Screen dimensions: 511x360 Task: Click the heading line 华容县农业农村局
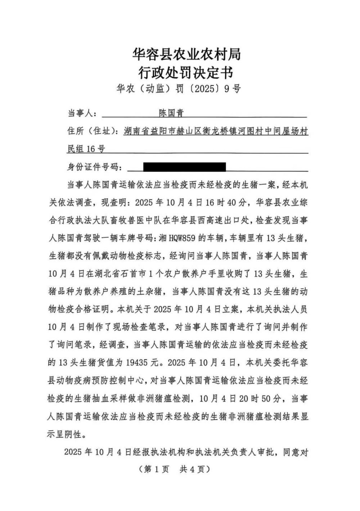(x=186, y=54)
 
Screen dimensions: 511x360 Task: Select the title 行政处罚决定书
(x=186, y=73)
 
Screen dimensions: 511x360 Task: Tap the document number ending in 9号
(x=179, y=89)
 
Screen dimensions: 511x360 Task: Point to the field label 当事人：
(x=82, y=113)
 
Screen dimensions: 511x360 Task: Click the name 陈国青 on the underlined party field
(x=171, y=113)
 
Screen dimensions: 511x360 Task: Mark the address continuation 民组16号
(x=86, y=149)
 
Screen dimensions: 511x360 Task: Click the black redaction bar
(x=184, y=167)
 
